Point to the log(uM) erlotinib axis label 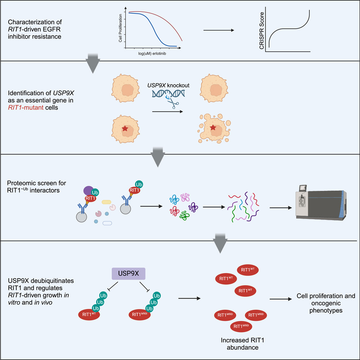[150, 53]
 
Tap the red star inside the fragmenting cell [213, 127]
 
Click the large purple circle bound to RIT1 [89, 190]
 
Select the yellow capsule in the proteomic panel [107, 202]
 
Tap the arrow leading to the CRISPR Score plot [218, 30]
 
